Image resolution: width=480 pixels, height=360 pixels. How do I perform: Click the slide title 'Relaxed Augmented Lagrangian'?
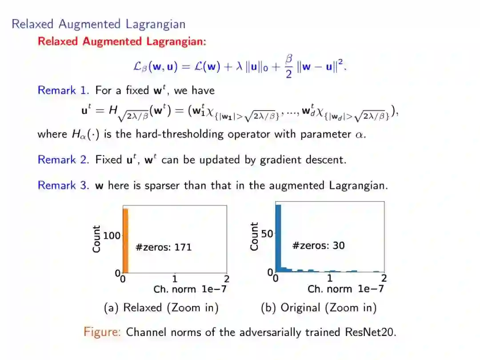tap(98, 24)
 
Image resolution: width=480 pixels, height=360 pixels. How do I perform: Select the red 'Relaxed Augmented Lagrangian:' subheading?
tap(122, 42)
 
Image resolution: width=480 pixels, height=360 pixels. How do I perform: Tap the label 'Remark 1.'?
tap(64, 91)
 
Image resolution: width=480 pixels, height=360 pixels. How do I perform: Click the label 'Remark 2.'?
tap(64, 160)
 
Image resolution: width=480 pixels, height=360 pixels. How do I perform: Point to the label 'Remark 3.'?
tap(64, 185)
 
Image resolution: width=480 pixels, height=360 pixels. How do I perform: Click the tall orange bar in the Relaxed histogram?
tap(125, 240)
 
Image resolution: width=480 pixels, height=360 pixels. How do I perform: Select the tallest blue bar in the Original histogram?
tap(278, 238)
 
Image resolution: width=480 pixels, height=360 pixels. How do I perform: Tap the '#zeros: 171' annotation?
tap(164, 247)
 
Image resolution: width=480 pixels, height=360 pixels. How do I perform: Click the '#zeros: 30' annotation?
tap(318, 245)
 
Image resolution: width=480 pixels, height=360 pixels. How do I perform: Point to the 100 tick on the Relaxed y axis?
tap(112, 235)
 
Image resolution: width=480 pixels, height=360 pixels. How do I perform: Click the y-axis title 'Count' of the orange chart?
tap(96, 239)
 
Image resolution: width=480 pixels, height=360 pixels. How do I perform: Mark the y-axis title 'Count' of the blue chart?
tap(254, 236)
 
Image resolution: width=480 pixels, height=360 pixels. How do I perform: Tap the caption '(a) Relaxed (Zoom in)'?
tap(161, 308)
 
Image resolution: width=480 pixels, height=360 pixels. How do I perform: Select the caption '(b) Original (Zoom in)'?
tap(319, 308)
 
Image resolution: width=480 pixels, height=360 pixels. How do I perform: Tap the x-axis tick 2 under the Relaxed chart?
tap(227, 279)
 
